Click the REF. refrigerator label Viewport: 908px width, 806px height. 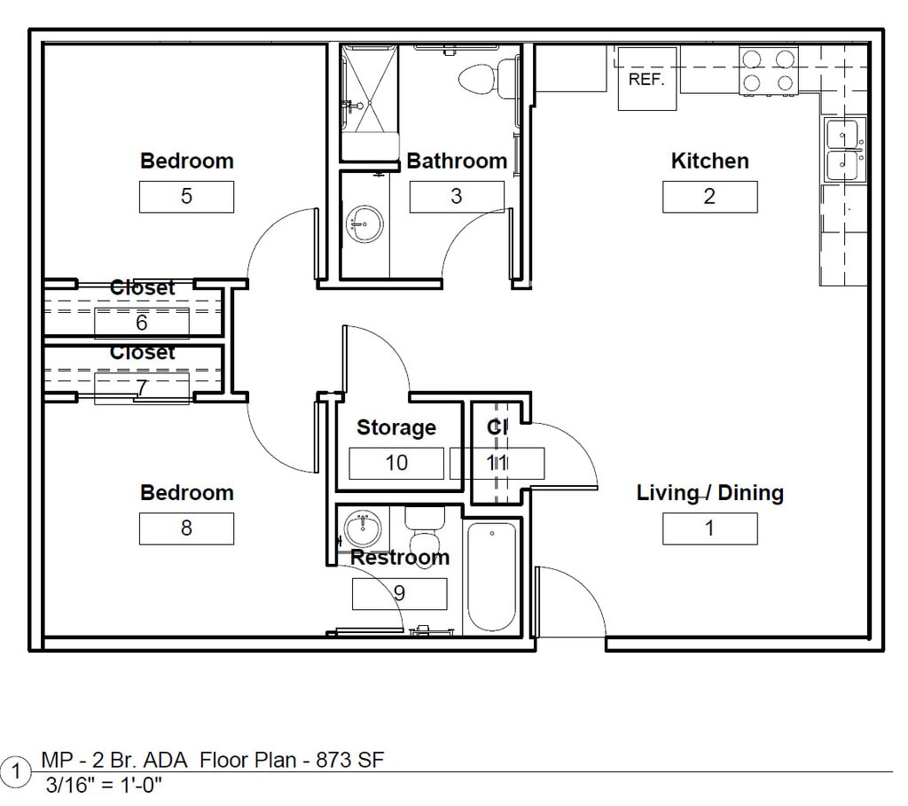[646, 79]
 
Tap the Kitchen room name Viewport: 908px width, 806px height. [710, 161]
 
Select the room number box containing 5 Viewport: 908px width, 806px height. [186, 197]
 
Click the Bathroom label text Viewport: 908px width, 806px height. [457, 161]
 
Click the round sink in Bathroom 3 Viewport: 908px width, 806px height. [364, 224]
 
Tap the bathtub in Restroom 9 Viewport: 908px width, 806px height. [491, 577]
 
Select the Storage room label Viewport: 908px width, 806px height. [396, 427]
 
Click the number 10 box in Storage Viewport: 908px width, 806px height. [396, 463]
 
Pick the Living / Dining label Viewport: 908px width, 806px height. [710, 493]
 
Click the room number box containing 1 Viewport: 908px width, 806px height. [710, 528]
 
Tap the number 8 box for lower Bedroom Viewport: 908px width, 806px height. [186, 528]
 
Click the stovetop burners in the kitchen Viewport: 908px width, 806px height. [769, 71]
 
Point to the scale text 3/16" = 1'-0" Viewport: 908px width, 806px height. [104, 786]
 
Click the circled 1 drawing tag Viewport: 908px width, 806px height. [16, 771]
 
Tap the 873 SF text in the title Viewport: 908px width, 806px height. [349, 760]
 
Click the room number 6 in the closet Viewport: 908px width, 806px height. [142, 323]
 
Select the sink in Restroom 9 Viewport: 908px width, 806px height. [363, 528]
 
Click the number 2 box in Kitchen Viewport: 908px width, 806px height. [710, 197]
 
